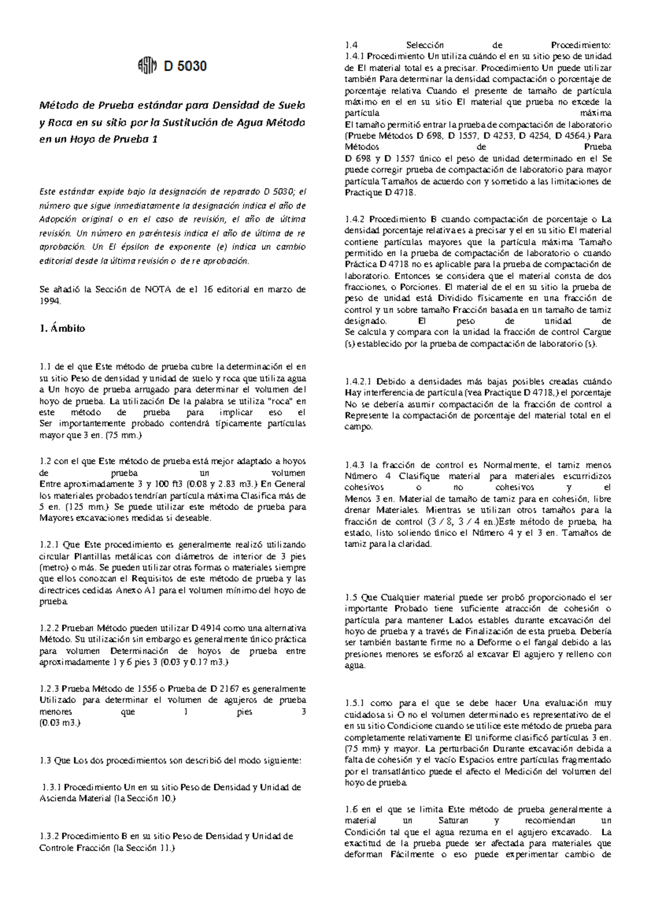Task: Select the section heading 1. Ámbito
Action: click(x=62, y=329)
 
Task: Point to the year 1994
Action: click(x=52, y=301)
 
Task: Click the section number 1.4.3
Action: click(x=355, y=465)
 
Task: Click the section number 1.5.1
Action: click(x=355, y=703)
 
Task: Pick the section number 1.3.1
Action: click(x=51, y=787)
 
